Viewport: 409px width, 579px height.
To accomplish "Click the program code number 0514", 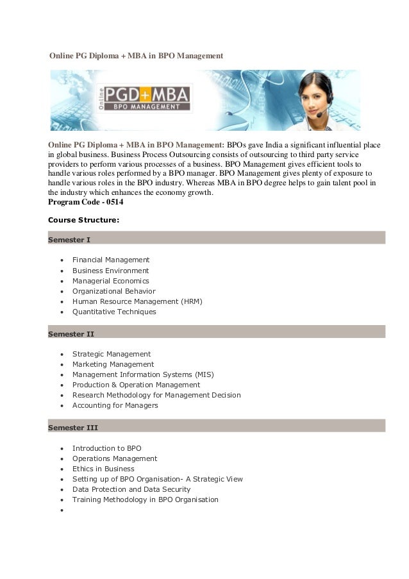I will [x=113, y=202].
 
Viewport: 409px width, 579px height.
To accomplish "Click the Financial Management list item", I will [x=110, y=260].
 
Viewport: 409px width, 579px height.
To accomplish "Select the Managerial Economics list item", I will [x=110, y=281].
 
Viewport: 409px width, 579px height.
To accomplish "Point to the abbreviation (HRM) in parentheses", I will [x=190, y=301].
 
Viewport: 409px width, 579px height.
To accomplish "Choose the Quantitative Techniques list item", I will [x=114, y=312].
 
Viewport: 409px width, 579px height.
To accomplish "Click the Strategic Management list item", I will [x=111, y=354].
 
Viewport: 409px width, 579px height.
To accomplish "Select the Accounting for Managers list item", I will [x=115, y=405].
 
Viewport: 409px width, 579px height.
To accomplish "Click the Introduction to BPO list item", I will [x=106, y=448].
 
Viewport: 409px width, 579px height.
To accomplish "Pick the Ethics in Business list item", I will [x=103, y=469].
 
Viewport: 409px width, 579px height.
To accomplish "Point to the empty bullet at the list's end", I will [x=60, y=510].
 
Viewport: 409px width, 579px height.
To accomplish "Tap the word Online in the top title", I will [x=63, y=56].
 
